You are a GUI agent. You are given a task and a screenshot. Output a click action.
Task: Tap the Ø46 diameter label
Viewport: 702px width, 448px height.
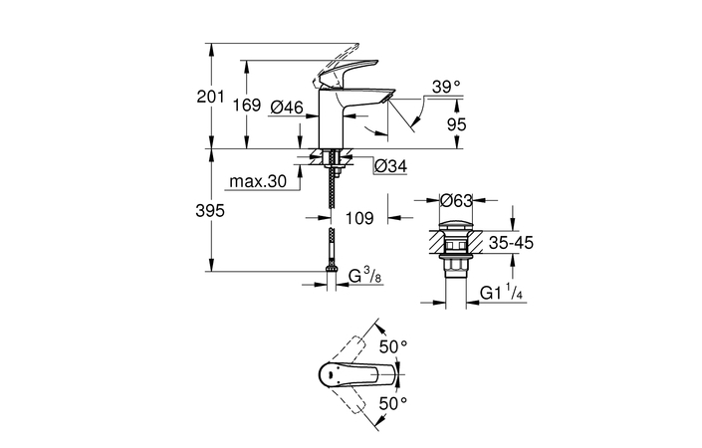[288, 106]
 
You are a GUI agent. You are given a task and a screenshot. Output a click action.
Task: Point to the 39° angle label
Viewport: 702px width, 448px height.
[446, 88]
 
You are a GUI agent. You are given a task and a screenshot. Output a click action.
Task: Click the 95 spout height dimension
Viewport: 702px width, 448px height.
[457, 125]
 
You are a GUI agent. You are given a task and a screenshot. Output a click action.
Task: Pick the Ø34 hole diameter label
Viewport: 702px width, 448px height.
[389, 166]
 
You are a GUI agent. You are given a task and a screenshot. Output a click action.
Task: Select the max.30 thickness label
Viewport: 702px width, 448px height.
[257, 182]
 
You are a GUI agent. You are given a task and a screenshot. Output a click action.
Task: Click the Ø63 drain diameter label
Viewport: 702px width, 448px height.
[455, 200]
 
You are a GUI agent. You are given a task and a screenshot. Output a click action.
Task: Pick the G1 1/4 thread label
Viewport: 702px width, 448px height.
[504, 293]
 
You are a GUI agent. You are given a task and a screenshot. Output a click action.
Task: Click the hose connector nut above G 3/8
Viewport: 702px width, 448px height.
[329, 269]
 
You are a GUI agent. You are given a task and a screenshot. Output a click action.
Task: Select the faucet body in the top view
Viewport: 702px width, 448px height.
[349, 375]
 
